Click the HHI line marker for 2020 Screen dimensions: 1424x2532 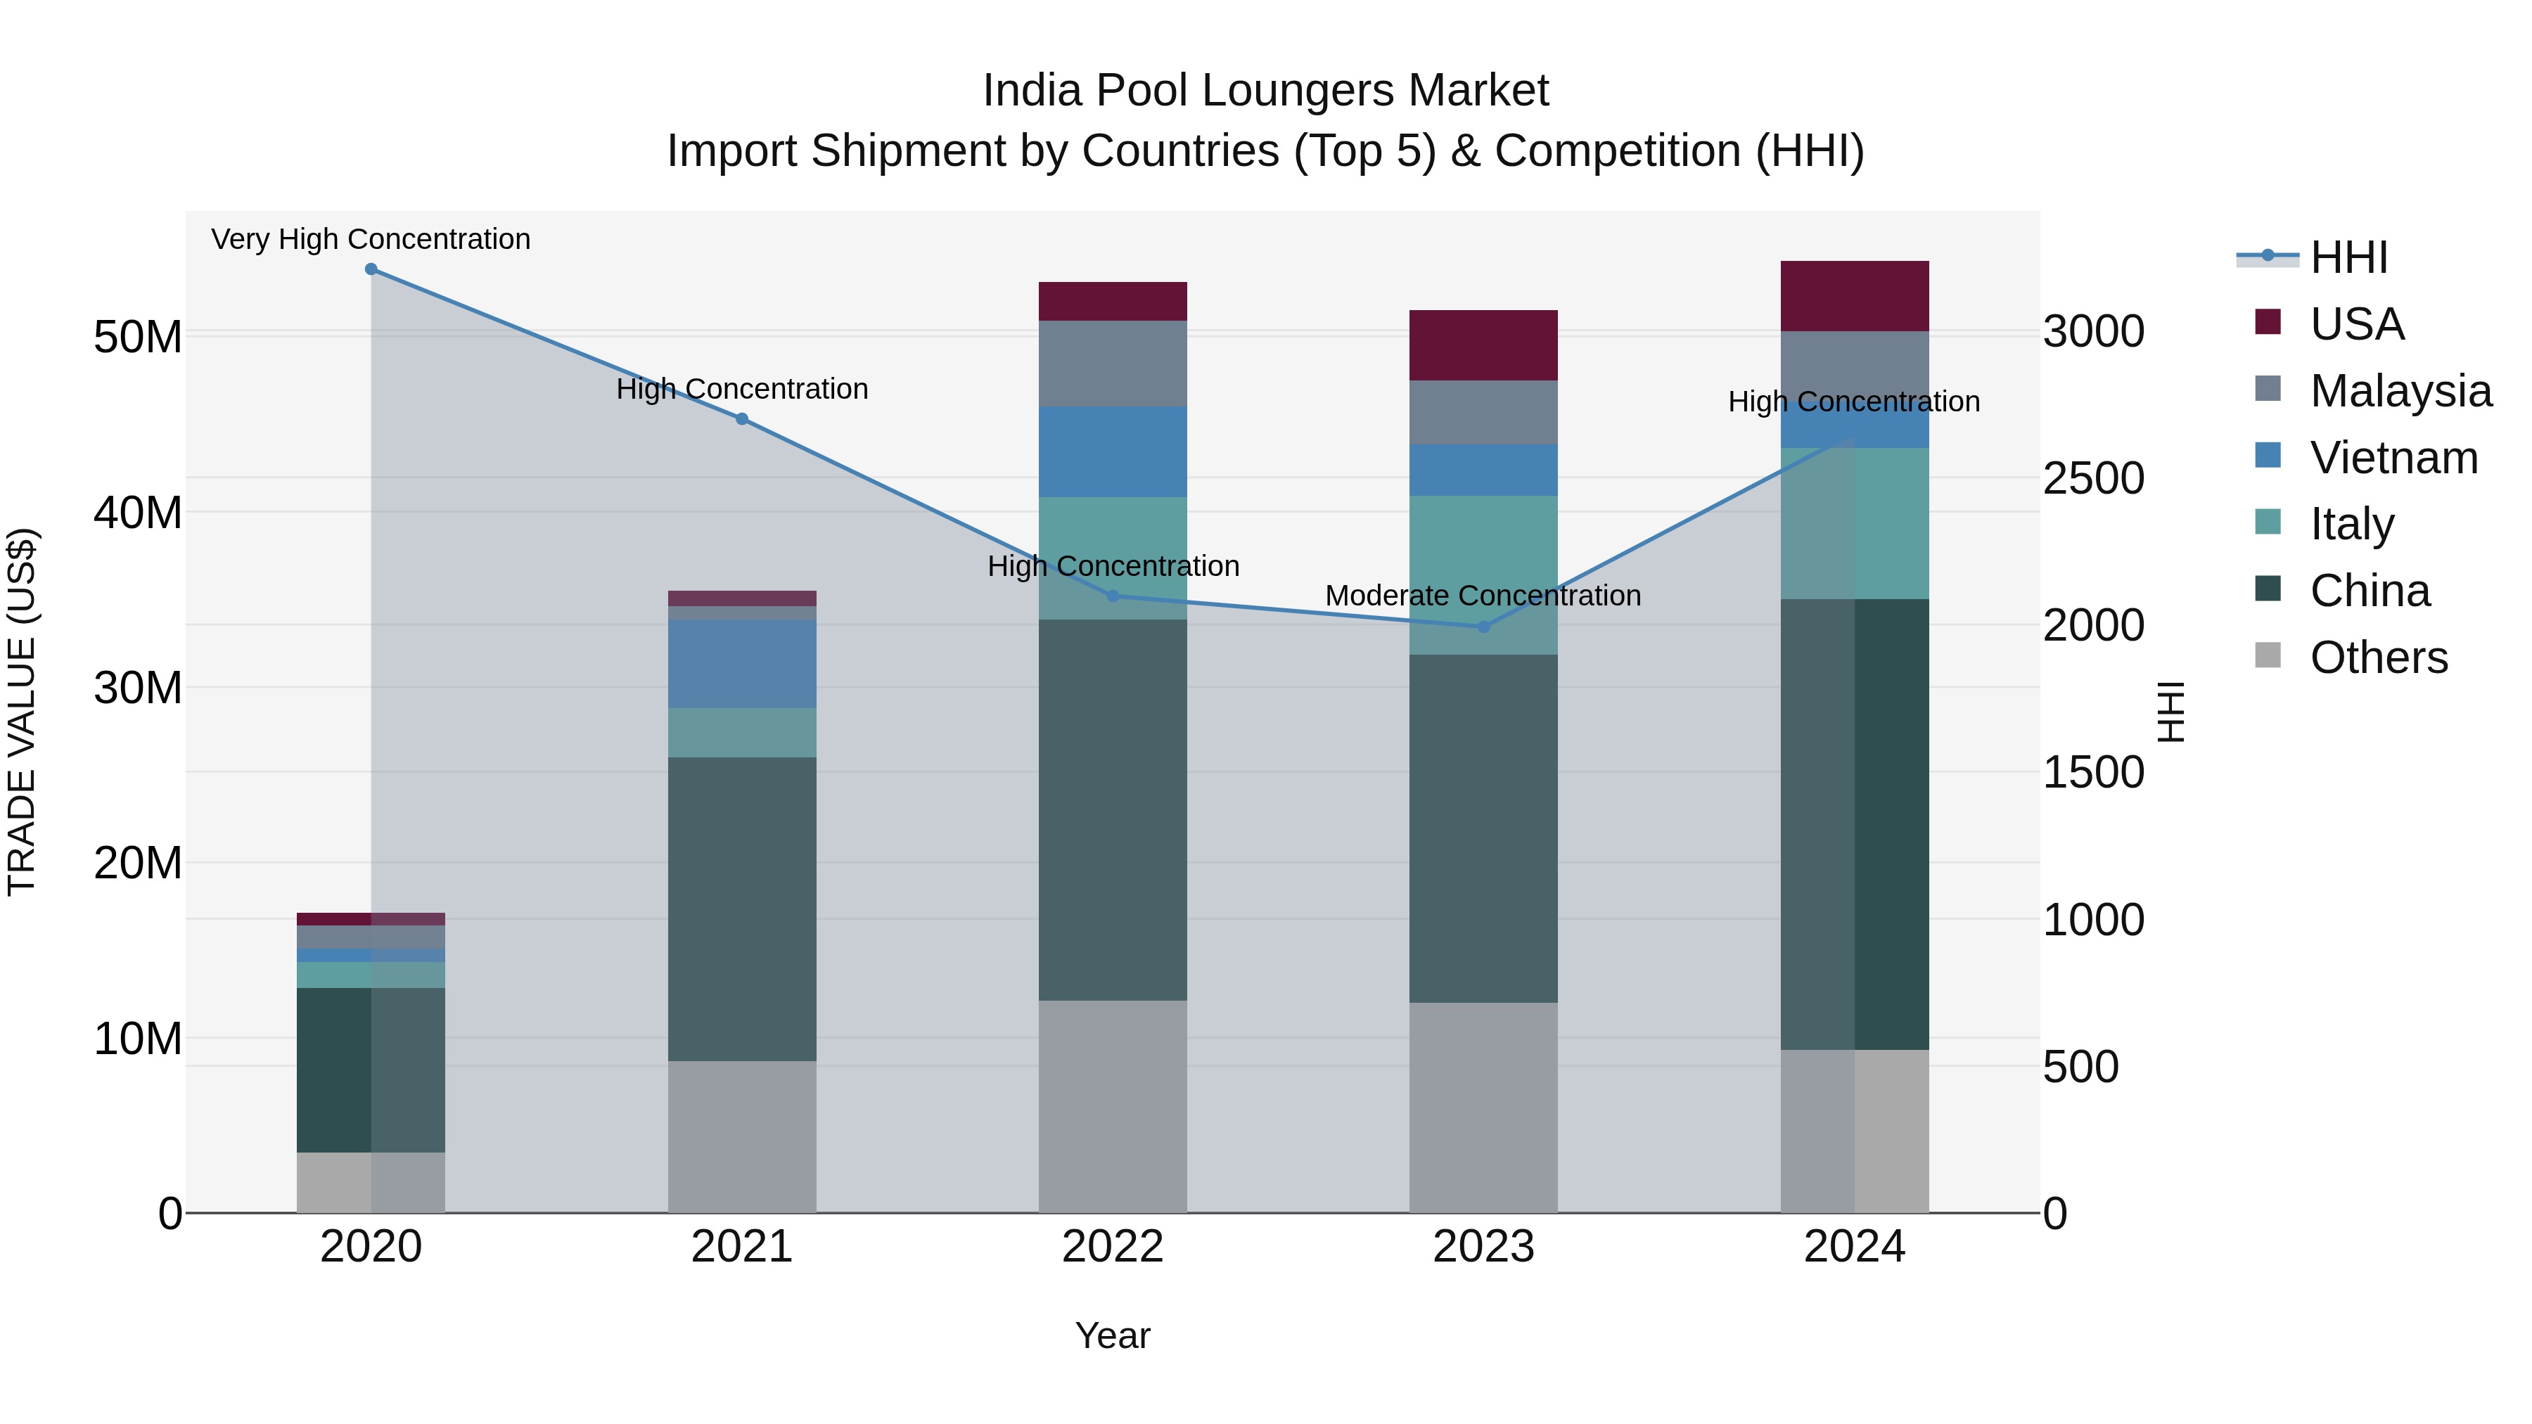tap(371, 269)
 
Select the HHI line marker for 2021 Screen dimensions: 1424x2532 tap(742, 418)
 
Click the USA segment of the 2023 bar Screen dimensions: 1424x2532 tap(1483, 345)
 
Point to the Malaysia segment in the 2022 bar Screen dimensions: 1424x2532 tap(1113, 363)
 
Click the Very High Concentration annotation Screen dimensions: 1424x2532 tap(371, 239)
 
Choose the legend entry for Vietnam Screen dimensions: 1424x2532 tap(2393, 458)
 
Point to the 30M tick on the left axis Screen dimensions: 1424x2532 tap(138, 688)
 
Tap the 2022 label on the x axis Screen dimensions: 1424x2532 tap(1113, 1247)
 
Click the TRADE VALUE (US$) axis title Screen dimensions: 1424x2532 tap(22, 712)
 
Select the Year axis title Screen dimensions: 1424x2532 tap(1113, 1335)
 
